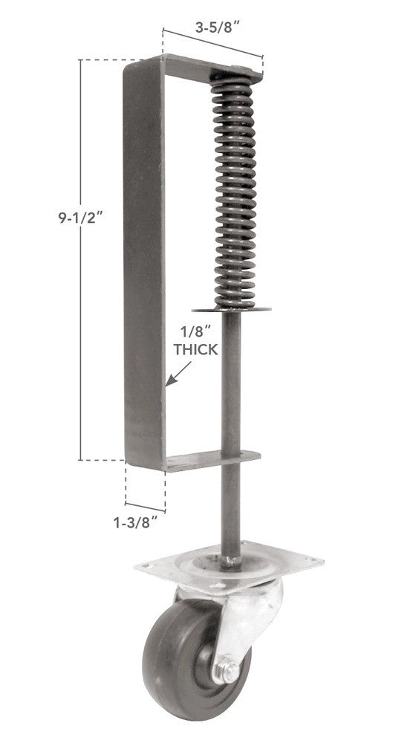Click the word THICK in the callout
(195, 349)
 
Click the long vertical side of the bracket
(141, 260)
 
